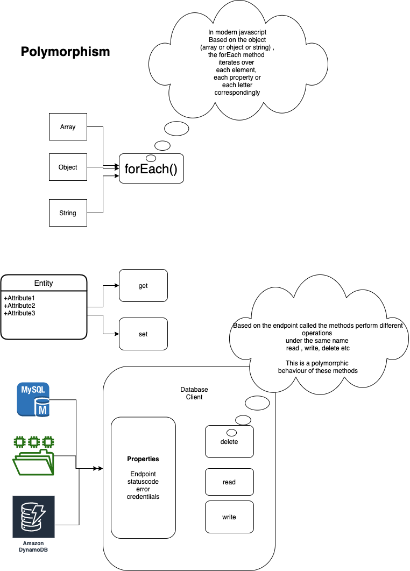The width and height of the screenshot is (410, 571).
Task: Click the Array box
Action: point(68,127)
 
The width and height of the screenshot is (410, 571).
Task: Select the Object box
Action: point(68,167)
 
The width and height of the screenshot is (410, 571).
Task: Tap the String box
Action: point(68,213)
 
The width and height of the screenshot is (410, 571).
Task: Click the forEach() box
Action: point(151,169)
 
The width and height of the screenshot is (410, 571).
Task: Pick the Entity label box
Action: point(44,283)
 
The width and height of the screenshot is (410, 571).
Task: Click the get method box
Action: point(143,286)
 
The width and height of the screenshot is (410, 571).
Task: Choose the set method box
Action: point(143,334)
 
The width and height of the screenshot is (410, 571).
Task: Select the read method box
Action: point(229,482)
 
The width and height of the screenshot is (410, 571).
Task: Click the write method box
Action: point(229,517)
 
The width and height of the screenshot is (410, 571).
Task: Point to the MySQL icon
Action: point(33,399)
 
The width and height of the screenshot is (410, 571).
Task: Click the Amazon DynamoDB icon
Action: point(33,524)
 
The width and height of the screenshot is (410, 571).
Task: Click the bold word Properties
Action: point(143,459)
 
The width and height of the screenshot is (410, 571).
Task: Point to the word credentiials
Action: point(143,496)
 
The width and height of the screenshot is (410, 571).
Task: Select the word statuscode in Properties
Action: point(143,481)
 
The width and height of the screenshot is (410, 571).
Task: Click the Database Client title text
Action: point(194,393)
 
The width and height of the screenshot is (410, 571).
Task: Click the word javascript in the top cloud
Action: point(249,33)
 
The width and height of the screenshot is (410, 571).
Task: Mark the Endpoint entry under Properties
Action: point(143,474)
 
